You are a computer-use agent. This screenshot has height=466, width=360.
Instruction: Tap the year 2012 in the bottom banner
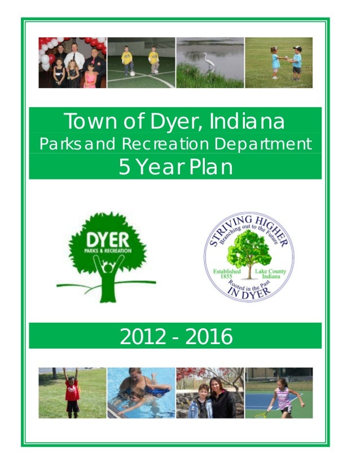142,337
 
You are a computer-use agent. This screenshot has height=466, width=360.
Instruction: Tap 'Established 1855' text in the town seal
226,274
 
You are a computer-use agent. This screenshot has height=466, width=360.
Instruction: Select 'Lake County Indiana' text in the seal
271,274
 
